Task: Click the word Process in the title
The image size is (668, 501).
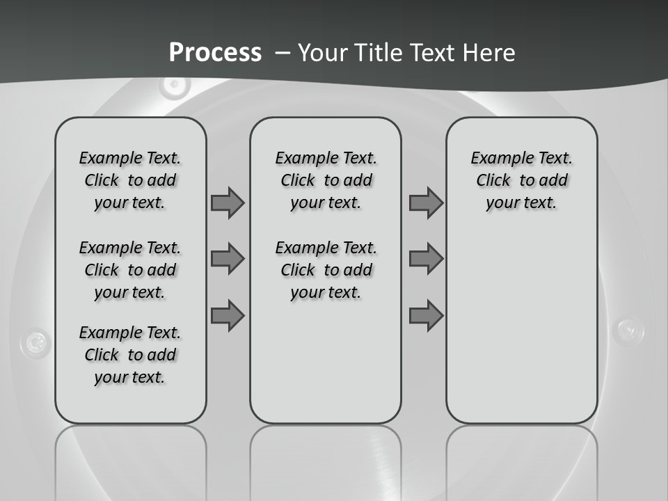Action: click(215, 53)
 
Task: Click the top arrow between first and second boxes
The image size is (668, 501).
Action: click(228, 202)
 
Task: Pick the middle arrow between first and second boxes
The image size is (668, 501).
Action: click(228, 259)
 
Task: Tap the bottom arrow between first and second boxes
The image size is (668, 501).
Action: click(228, 316)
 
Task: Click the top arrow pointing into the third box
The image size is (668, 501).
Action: click(426, 202)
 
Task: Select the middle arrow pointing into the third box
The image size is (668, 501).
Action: click(426, 259)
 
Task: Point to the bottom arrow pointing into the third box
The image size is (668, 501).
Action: click(426, 316)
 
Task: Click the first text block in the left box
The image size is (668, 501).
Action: click(130, 180)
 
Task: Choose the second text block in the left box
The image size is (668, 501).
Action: click(130, 270)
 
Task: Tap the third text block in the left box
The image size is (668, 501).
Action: click(130, 355)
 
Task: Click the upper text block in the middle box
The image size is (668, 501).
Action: click(326, 180)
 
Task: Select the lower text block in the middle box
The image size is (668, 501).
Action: click(326, 270)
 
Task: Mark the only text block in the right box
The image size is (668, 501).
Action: click(521, 180)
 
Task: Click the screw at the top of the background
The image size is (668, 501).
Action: click(174, 86)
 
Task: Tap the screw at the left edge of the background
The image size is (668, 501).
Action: click(35, 342)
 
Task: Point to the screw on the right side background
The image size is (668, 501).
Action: click(630, 328)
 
